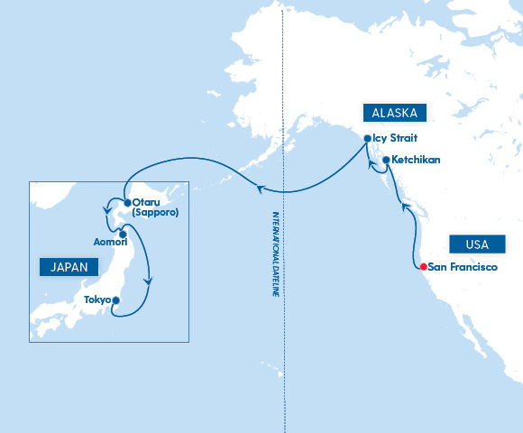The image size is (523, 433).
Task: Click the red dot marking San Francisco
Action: point(422,266)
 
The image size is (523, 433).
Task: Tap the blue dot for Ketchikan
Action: point(386,161)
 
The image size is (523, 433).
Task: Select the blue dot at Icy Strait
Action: point(367,139)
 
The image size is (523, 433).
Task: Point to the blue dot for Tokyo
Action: point(115,300)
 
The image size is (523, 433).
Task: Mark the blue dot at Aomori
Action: point(122,234)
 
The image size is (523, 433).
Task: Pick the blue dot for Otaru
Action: point(127,202)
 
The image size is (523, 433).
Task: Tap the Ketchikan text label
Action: point(417,161)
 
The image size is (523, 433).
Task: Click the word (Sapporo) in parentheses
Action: point(155,213)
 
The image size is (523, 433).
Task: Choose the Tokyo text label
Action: point(97,300)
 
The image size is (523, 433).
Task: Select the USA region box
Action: point(477,244)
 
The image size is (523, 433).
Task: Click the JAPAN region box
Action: point(69,267)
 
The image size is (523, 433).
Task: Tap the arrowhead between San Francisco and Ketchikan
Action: point(405,208)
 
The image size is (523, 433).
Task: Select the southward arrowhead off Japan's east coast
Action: point(148,281)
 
